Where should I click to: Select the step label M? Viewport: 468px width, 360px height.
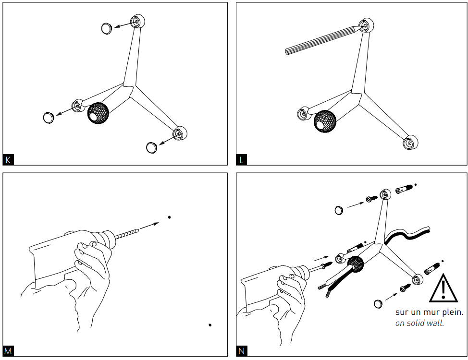point(8,351)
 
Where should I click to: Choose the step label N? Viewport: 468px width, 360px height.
point(242,351)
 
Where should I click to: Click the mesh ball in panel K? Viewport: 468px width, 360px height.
point(98,113)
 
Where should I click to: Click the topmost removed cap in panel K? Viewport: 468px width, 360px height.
point(107,28)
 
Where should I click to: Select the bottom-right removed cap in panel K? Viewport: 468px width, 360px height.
point(152,147)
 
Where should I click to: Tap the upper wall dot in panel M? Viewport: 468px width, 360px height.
point(169,217)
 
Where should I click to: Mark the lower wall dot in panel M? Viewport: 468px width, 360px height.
point(210,325)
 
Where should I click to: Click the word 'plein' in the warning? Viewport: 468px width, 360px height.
point(453,312)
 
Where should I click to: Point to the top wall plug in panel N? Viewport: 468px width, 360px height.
point(405,190)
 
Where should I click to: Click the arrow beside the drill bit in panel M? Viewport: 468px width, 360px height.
point(150,225)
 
